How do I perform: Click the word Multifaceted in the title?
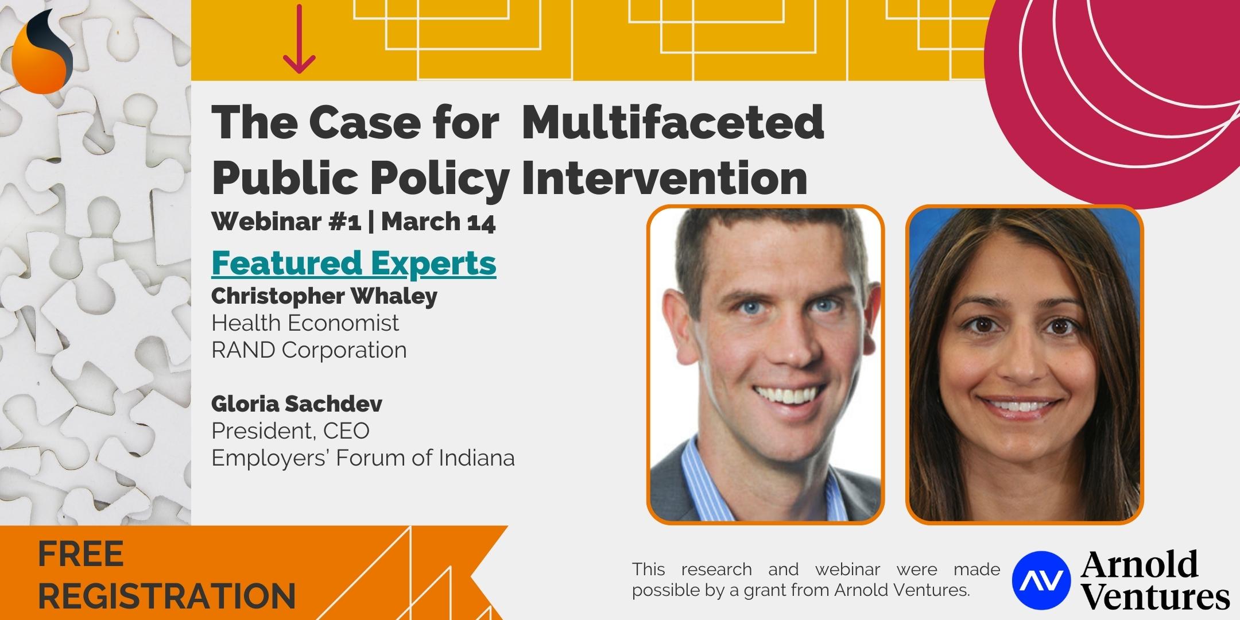(673, 122)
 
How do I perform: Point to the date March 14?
(439, 222)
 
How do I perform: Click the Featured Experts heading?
(354, 262)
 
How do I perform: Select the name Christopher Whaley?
(324, 296)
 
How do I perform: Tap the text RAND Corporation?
(309, 350)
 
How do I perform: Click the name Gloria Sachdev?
(297, 404)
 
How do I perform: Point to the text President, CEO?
(290, 431)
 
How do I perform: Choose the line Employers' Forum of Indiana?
(363, 458)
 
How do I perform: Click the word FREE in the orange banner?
(81, 555)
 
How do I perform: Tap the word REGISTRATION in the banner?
(166, 595)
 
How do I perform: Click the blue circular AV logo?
(1041, 580)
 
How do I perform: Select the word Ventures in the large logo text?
(1156, 597)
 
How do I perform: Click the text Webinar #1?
(286, 222)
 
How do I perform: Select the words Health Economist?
(305, 323)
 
